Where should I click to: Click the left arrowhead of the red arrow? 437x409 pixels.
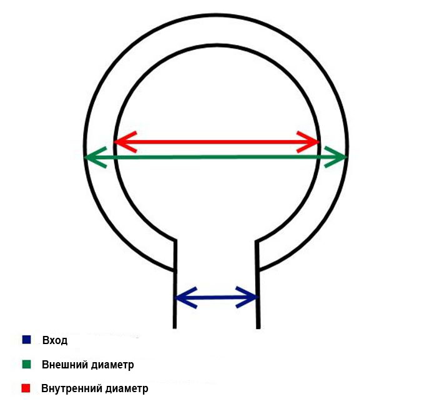[121, 142]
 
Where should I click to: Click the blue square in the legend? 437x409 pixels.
[26, 340]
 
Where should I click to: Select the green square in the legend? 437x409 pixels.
[26, 364]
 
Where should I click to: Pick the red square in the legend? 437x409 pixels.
[26, 388]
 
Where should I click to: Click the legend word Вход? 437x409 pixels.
[54, 340]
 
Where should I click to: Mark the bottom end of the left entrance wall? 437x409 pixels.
[175, 326]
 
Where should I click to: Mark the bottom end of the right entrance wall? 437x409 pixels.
[257, 326]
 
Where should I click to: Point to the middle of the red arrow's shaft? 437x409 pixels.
[217, 142]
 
